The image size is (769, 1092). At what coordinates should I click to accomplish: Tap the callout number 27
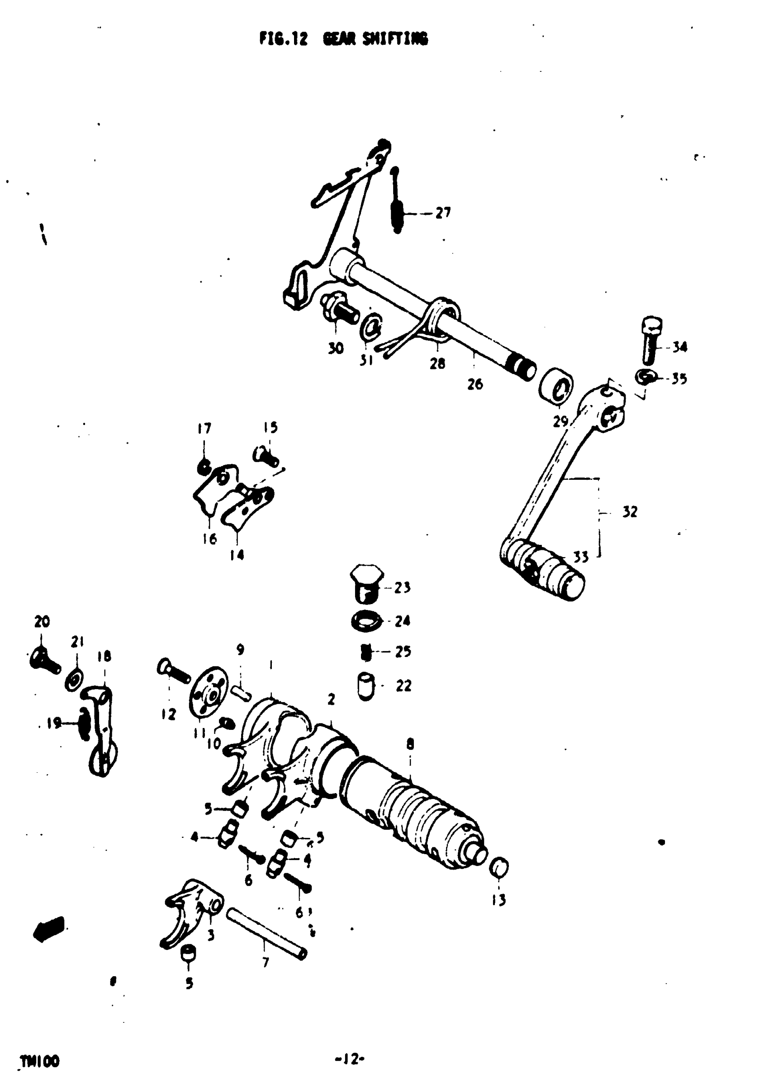tap(442, 213)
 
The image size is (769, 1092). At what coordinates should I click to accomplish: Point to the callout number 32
tap(629, 512)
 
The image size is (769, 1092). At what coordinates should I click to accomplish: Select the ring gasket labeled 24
tap(366, 621)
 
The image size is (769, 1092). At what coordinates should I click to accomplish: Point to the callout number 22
tap(403, 685)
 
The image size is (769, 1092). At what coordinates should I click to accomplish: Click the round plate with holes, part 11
tap(209, 696)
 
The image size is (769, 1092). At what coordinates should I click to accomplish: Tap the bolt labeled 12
tap(174, 672)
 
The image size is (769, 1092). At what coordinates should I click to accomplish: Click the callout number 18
tap(104, 657)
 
